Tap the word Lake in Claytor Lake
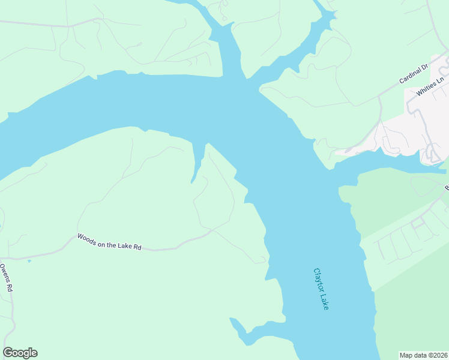(x=325, y=302)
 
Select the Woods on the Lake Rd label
(x=109, y=242)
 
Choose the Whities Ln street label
(x=430, y=86)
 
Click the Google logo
(x=20, y=353)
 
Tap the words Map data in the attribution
(x=414, y=355)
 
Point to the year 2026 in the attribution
(x=439, y=355)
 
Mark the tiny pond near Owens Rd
(x=29, y=261)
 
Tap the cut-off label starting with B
(x=446, y=188)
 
